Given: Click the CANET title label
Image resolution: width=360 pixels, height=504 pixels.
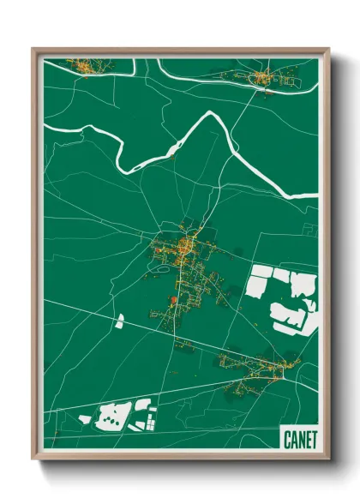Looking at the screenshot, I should point(299,439).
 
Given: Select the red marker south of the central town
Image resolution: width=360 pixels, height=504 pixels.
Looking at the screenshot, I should point(173,299).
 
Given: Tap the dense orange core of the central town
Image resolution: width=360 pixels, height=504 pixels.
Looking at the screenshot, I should point(186,249).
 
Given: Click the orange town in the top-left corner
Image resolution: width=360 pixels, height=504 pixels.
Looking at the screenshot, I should point(82,65).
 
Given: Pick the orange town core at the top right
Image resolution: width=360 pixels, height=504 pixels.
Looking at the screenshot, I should point(260,80).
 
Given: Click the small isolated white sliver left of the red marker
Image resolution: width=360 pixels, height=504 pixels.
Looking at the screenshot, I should point(120,321).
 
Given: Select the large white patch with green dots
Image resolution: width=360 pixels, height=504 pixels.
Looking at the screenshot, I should point(111,417).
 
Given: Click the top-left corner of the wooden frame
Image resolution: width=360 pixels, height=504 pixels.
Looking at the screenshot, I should point(33,50).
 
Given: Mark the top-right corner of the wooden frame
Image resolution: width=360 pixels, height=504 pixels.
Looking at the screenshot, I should point(328,50).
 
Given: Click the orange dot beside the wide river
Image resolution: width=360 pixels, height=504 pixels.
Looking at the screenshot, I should point(174,157).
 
